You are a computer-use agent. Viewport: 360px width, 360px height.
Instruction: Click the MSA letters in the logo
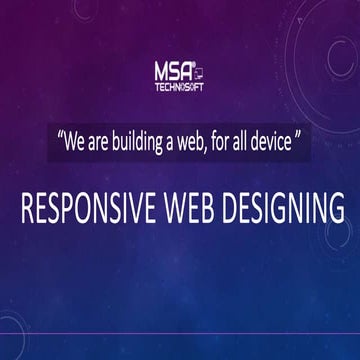[x=171, y=72]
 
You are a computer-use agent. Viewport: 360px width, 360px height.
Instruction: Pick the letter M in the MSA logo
[x=159, y=72]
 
